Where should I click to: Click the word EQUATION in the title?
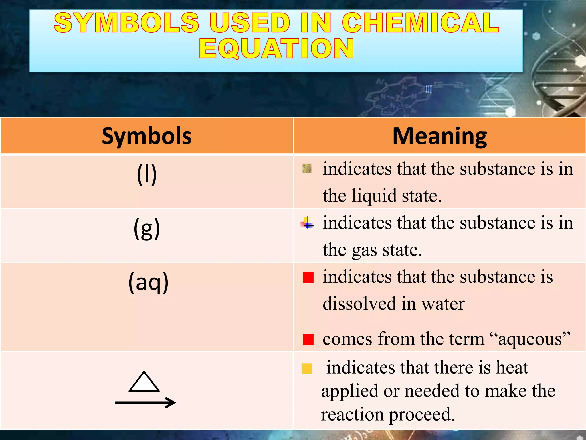[276, 49]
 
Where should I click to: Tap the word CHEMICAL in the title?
[421, 23]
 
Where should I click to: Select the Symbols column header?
[146, 136]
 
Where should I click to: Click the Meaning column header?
[439, 136]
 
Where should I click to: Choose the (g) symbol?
[147, 229]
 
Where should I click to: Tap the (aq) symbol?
[148, 282]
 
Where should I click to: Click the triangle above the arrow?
[144, 382]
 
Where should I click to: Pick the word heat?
[512, 367]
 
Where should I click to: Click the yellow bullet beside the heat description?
[307, 368]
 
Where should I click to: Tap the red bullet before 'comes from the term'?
[308, 339]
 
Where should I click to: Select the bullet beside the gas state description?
[307, 223]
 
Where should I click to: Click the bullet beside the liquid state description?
[307, 168]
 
